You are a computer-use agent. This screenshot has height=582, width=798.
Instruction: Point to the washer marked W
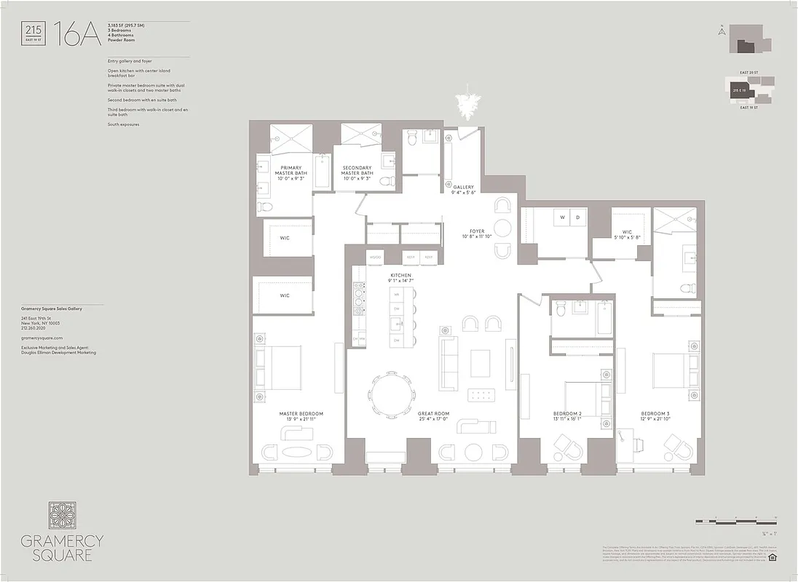[562, 218]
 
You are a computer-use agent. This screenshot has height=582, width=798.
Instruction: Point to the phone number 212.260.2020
[36, 328]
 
